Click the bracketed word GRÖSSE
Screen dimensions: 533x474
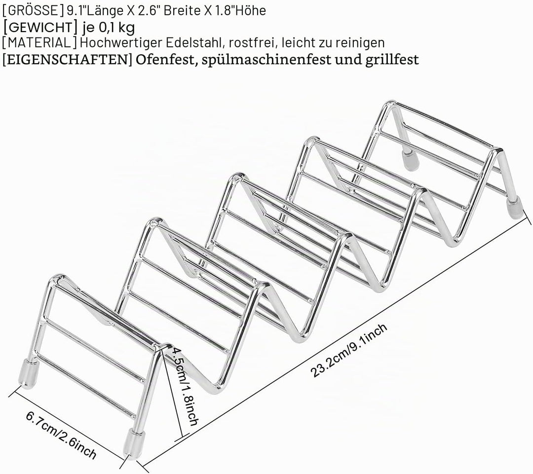[33, 11]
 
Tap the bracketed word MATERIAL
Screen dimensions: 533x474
[39, 43]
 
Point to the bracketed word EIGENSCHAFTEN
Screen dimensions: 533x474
[67, 60]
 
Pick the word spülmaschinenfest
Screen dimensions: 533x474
[266, 60]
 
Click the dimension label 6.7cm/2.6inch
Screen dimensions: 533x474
[61, 435]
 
